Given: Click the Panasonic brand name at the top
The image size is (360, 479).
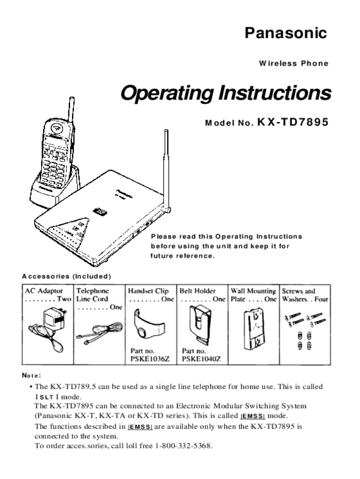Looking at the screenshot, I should click(x=286, y=34).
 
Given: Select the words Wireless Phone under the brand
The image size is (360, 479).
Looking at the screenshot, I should click(x=293, y=64).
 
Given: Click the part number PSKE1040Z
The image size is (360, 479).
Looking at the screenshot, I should click(x=201, y=359).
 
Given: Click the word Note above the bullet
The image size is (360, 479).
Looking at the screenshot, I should click(x=31, y=375).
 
